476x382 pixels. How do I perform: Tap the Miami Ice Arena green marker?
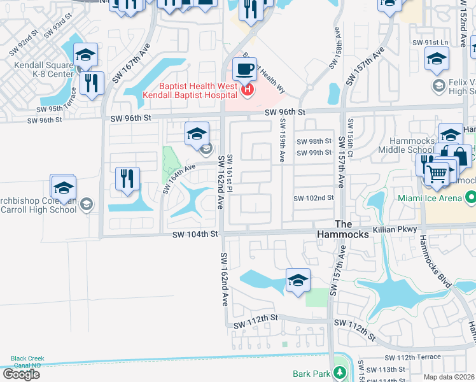click(470, 199)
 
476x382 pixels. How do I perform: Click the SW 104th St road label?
click(195, 235)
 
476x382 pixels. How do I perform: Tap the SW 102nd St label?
click(313, 198)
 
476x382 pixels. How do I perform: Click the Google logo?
click(20, 374)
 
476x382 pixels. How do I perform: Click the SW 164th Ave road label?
click(176, 178)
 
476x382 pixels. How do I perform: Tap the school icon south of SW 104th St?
click(297, 280)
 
